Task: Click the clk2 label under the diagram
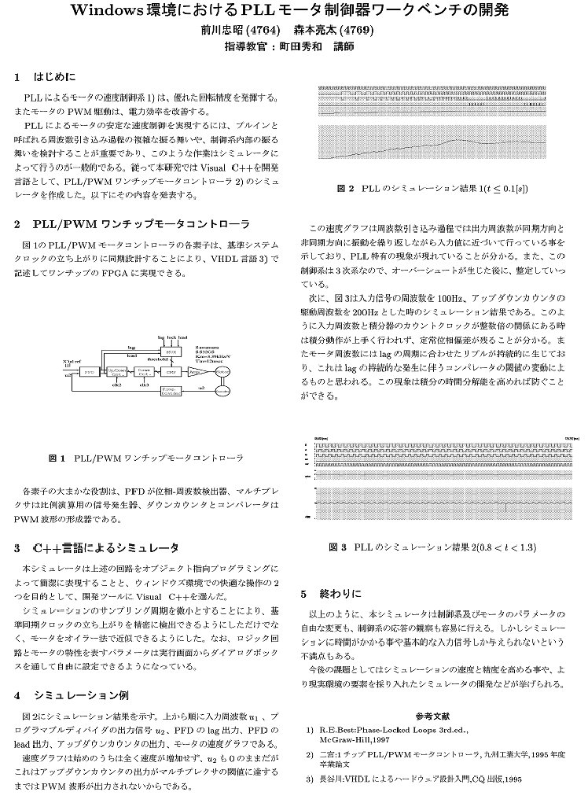click(x=117, y=385)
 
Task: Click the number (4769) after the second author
click(x=356, y=31)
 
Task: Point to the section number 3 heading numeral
click(x=17, y=547)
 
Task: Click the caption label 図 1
click(x=57, y=457)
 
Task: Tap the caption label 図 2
click(x=345, y=190)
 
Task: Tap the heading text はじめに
click(x=53, y=78)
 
